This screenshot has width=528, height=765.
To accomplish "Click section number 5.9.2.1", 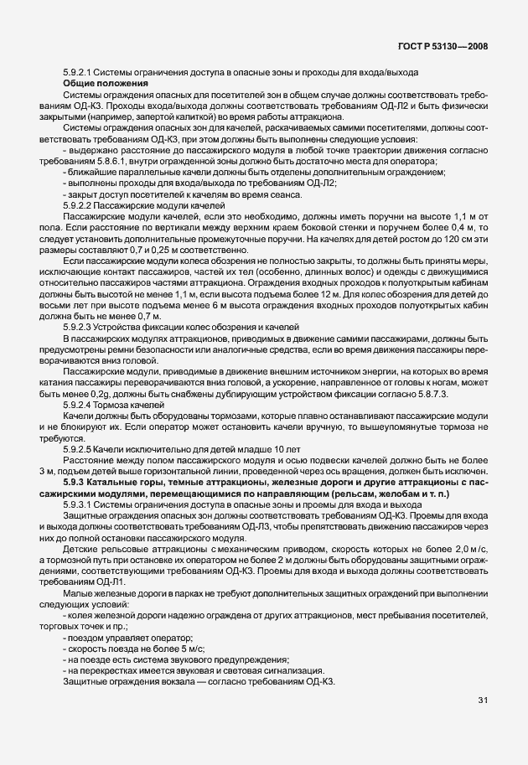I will click(x=80, y=74).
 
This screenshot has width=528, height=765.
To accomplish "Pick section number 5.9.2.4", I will click(x=80, y=405).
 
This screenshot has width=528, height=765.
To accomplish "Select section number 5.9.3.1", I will click(x=80, y=504).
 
